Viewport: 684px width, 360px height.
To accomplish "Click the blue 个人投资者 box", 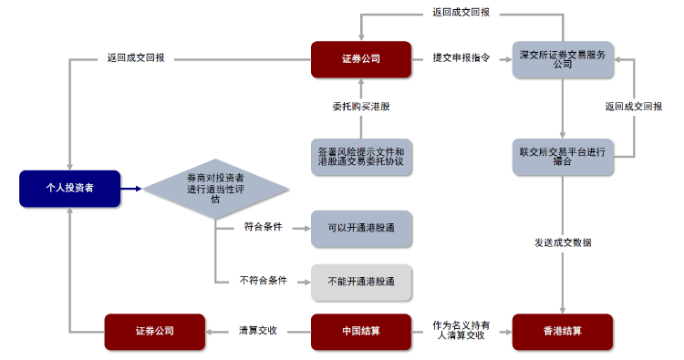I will (69, 188).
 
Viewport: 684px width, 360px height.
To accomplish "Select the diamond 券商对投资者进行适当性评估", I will (215, 189).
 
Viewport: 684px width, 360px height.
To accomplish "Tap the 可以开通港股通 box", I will (361, 229).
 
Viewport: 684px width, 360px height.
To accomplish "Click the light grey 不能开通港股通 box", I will (361, 283).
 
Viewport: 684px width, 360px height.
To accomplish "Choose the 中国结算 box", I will (361, 331).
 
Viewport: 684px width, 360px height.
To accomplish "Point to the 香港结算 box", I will (562, 331).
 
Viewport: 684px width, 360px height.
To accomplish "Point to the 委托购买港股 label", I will (361, 107).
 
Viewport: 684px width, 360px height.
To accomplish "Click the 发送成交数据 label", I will (562, 242).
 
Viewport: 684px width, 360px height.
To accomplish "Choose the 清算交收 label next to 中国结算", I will (257, 331).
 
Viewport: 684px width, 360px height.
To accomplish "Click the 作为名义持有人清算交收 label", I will (461, 330).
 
